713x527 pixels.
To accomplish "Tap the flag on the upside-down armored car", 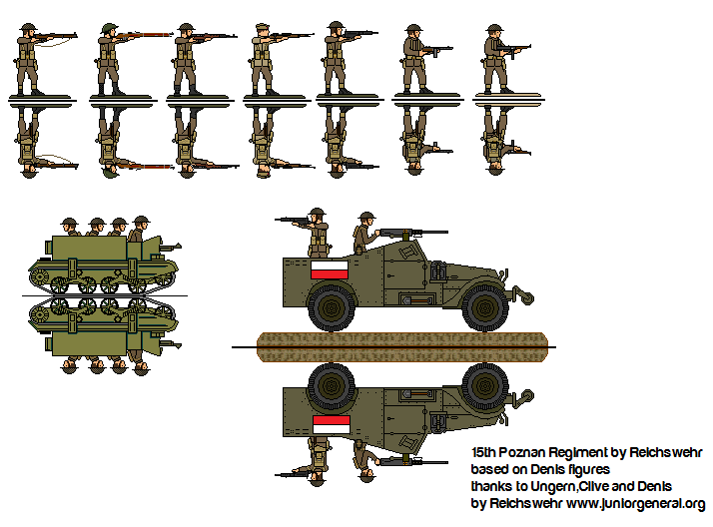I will tap(331, 424).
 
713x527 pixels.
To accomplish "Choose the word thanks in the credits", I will tap(490, 487).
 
